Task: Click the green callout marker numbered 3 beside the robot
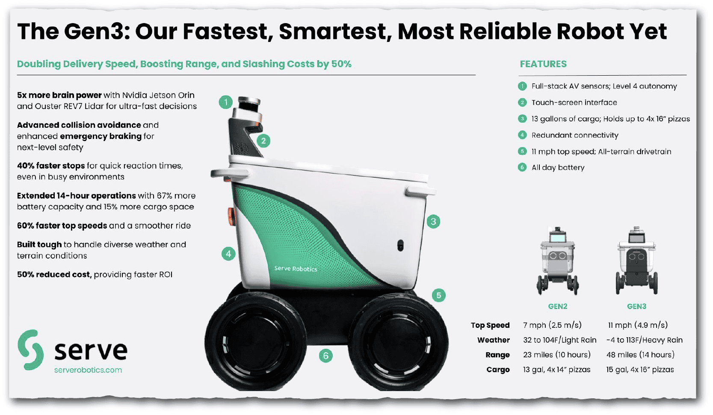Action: click(433, 221)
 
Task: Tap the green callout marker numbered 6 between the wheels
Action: click(325, 356)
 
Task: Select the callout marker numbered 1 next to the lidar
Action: click(226, 102)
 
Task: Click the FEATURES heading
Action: click(543, 64)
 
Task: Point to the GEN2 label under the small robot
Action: click(557, 306)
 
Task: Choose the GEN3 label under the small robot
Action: click(636, 306)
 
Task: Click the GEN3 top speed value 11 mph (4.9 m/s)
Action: click(638, 325)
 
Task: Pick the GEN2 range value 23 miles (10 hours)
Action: click(557, 355)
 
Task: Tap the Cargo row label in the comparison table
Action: click(498, 370)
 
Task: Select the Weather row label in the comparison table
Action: click(494, 340)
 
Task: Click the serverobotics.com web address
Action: click(88, 370)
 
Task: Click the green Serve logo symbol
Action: click(30, 350)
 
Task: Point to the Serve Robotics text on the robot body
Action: click(296, 269)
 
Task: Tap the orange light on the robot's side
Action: click(231, 216)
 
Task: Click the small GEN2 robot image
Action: click(557, 261)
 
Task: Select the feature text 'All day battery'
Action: click(558, 168)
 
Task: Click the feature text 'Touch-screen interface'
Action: click(574, 103)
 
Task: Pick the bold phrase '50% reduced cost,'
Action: click(54, 274)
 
